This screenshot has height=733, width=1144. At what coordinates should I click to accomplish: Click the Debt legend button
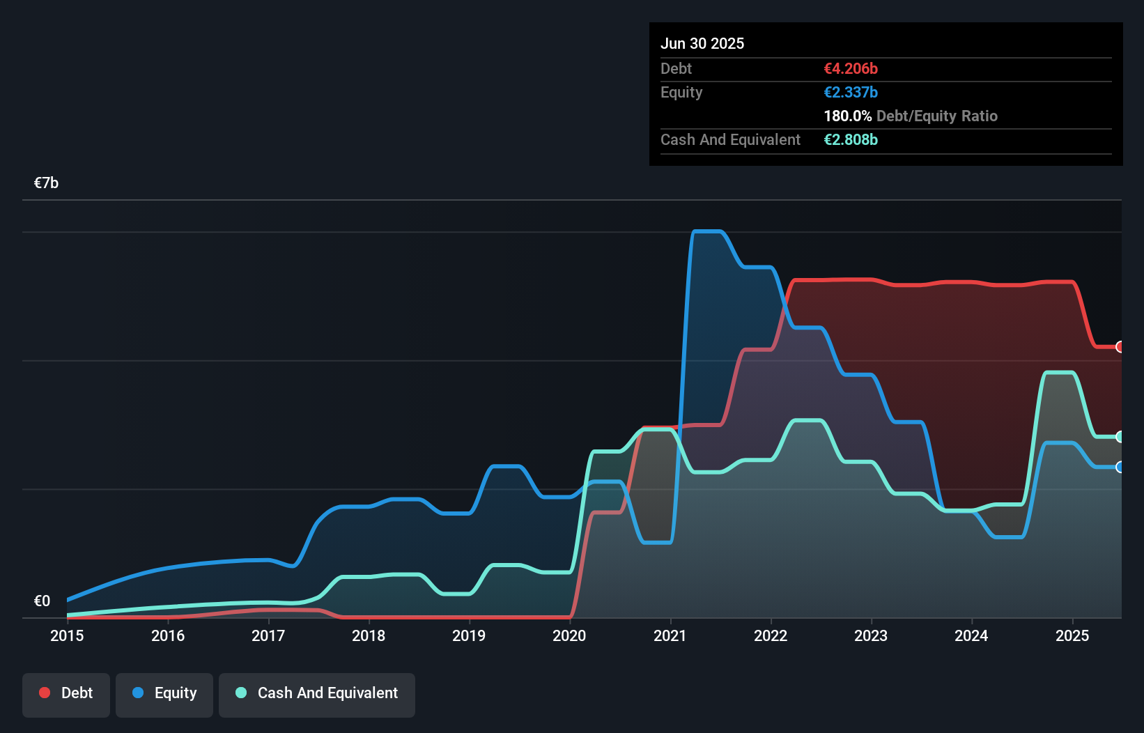66,693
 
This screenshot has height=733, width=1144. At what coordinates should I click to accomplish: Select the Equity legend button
164,693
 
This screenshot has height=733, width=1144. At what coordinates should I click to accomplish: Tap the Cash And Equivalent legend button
317,693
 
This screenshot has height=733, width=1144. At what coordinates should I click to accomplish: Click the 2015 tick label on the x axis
67,635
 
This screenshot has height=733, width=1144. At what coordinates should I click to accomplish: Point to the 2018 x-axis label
369,635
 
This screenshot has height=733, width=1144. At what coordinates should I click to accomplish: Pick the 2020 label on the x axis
569,635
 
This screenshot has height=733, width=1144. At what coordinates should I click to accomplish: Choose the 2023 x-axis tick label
871,635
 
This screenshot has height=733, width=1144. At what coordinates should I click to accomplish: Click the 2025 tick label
1072,635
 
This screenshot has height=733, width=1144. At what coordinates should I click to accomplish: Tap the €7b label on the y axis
46,183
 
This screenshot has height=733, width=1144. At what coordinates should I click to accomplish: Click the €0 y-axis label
42,601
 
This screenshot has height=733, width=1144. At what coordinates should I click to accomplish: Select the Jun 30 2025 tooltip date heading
702,43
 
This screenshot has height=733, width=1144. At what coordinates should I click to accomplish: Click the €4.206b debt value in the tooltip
851,68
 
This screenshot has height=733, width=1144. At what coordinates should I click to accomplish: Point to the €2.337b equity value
851,92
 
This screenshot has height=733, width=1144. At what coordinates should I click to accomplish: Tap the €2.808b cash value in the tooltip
851,139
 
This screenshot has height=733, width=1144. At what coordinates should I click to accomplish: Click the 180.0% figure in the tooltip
847,116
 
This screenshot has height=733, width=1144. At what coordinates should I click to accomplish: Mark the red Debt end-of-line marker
1120,347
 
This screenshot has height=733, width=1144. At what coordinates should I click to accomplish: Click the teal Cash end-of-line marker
1120,437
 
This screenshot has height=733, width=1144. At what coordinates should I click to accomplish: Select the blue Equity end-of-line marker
1120,467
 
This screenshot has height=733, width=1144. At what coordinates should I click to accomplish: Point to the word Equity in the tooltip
681,92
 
